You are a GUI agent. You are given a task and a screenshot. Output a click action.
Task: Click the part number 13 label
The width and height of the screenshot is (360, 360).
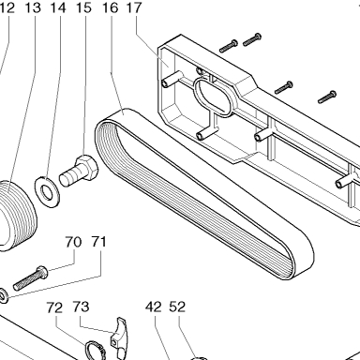tap(33, 7)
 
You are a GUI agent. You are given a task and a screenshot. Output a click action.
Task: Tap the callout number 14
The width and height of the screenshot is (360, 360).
tap(58, 7)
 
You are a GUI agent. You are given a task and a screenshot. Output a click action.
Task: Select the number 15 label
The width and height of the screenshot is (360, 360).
tap(83, 7)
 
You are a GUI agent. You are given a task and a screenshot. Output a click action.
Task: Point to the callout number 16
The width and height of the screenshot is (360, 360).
tap(111, 7)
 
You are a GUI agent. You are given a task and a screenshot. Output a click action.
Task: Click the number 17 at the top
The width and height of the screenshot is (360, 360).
tap(134, 7)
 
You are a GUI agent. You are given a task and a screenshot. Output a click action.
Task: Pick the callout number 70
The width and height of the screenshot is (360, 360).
tap(73, 242)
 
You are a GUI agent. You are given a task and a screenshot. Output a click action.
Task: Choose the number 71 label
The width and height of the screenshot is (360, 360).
tap(98, 242)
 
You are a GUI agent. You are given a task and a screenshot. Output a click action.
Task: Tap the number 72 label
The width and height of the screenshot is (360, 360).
tap(55, 307)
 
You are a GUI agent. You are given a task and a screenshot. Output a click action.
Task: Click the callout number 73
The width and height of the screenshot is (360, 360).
tap(81, 307)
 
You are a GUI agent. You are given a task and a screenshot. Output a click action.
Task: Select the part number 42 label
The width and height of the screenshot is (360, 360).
tap(154, 307)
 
